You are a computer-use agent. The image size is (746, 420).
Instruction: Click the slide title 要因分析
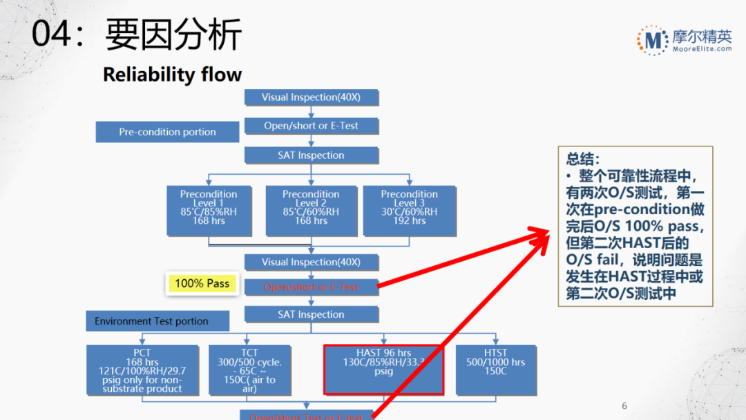click(x=173, y=35)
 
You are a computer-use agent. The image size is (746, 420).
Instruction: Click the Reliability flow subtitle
click(x=172, y=75)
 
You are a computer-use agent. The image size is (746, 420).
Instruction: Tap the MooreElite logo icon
click(x=651, y=40)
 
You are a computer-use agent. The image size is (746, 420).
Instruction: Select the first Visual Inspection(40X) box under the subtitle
click(x=312, y=97)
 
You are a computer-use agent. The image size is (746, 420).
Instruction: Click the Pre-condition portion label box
click(x=167, y=132)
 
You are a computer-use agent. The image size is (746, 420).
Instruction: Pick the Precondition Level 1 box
click(x=209, y=208)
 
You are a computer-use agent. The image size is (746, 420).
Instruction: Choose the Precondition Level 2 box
click(x=311, y=208)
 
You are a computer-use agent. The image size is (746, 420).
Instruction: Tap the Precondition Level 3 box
click(x=409, y=208)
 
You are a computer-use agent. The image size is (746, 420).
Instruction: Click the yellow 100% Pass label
click(x=202, y=284)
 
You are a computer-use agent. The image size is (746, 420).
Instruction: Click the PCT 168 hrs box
click(x=142, y=370)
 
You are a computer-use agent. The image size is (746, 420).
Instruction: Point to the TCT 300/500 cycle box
click(x=249, y=370)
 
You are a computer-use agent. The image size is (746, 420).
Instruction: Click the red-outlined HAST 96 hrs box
click(x=383, y=370)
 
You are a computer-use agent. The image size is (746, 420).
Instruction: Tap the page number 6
click(x=624, y=406)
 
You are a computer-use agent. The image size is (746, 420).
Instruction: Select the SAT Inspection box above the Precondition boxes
click(x=312, y=155)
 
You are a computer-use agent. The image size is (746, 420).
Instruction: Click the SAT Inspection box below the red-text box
click(x=312, y=314)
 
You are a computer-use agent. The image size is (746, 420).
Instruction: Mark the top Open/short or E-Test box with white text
click(x=312, y=126)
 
